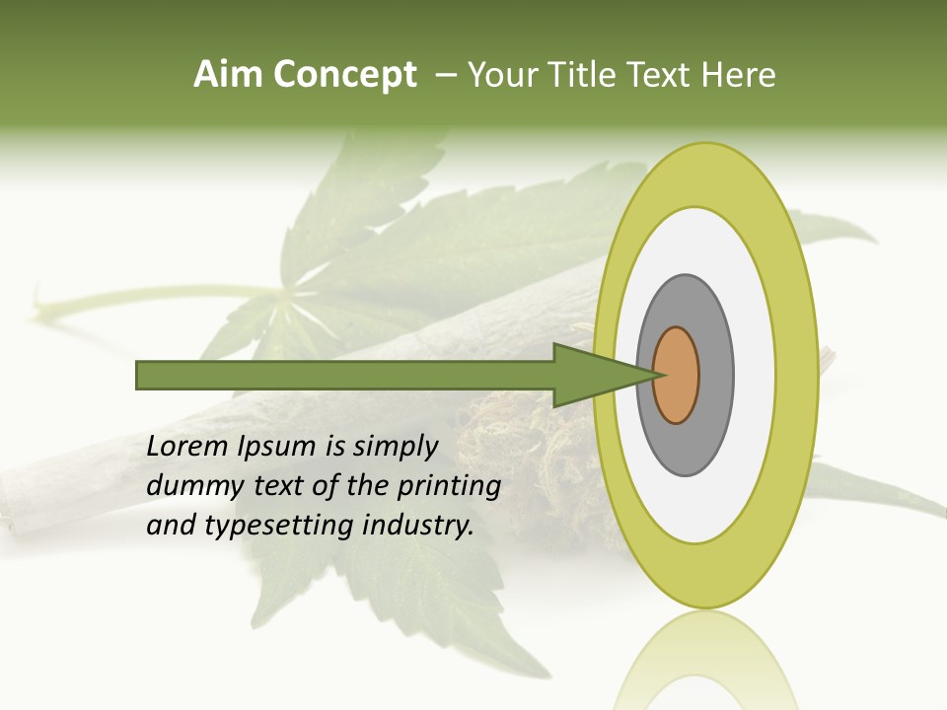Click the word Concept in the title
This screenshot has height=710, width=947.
(x=344, y=75)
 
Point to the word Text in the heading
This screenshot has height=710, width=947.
(x=665, y=75)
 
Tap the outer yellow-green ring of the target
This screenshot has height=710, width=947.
(x=795, y=376)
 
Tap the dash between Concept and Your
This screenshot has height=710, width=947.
(x=446, y=76)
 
